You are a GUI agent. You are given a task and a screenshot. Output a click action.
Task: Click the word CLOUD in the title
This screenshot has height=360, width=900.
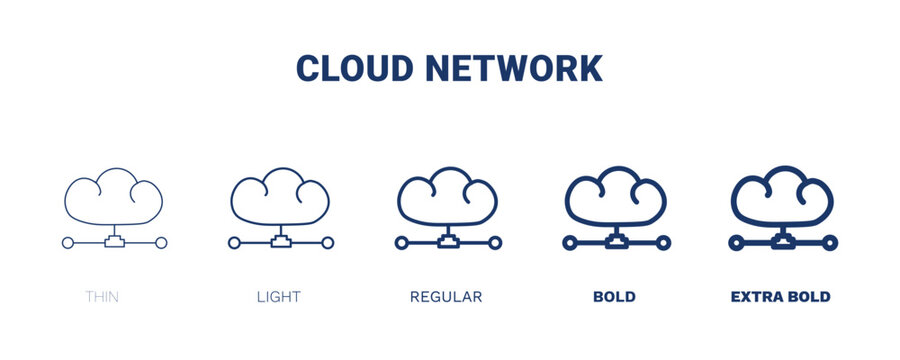[x=355, y=69]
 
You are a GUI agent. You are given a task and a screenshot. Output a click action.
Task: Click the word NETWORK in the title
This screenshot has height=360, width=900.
[x=514, y=69]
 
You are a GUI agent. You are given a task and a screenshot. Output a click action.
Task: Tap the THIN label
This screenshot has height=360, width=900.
[x=102, y=297]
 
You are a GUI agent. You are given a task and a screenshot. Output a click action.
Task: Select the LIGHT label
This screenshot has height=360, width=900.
[x=279, y=297]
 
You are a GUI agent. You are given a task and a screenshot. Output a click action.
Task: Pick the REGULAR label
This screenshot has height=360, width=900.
[x=446, y=297]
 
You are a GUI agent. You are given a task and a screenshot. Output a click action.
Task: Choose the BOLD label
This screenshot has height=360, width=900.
[x=614, y=297]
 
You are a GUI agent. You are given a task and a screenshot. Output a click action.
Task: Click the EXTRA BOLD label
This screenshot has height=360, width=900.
[x=781, y=297]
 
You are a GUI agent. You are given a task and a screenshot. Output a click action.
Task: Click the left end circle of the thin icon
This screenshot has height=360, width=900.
[x=67, y=243]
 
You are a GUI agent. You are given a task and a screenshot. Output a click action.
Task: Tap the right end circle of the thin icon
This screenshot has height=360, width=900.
[x=162, y=243]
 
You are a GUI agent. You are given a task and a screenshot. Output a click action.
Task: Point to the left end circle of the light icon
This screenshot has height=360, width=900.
[x=234, y=243]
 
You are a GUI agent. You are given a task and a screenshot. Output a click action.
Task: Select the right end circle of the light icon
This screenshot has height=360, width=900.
[x=328, y=243]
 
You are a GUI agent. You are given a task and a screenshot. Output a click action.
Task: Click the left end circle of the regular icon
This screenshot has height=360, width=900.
[x=401, y=243]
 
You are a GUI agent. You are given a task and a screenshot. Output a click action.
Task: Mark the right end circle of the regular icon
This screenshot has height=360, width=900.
[x=495, y=243]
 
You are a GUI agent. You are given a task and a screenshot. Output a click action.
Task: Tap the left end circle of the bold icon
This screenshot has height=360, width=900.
[x=568, y=243]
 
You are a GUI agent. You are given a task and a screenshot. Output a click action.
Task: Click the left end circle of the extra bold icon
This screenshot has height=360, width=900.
[x=735, y=243]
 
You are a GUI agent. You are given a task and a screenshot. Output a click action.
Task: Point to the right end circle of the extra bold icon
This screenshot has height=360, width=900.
[x=831, y=243]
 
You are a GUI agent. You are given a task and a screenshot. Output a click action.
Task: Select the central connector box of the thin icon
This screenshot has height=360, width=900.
[x=114, y=242]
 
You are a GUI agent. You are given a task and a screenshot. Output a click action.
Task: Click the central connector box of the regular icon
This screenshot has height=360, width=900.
[x=448, y=242]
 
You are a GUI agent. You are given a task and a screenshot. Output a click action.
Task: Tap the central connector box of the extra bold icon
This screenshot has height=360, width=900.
[x=783, y=242]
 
